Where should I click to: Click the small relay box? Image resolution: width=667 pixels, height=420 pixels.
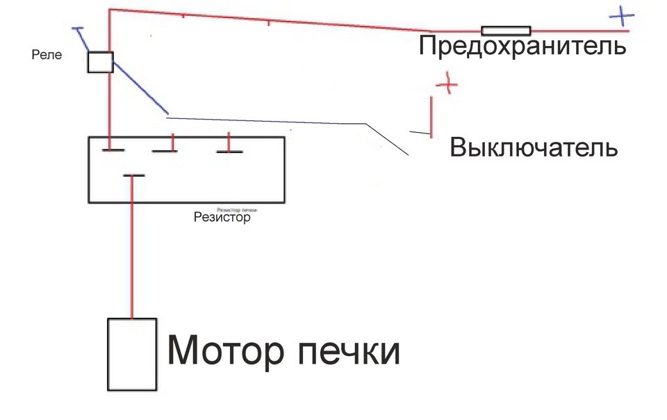click(100, 62)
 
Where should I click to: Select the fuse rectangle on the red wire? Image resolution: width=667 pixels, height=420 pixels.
click(506, 31)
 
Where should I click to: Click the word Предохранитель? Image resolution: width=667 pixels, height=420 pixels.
click(523, 47)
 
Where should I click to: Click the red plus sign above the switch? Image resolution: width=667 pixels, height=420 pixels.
click(447, 85)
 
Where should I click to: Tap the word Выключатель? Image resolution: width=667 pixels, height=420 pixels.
click(534, 148)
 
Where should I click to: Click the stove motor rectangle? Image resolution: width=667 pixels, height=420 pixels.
click(131, 354)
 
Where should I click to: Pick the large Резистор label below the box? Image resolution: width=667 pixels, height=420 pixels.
click(222, 217)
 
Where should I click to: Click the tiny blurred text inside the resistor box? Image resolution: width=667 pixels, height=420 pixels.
click(238, 209)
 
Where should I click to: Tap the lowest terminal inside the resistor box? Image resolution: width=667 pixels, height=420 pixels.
click(133, 176)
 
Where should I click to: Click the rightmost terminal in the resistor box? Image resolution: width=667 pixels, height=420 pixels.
click(229, 150)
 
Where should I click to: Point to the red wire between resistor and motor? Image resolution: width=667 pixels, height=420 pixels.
click(132, 250)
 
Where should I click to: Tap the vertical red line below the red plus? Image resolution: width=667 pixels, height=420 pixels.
click(431, 116)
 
